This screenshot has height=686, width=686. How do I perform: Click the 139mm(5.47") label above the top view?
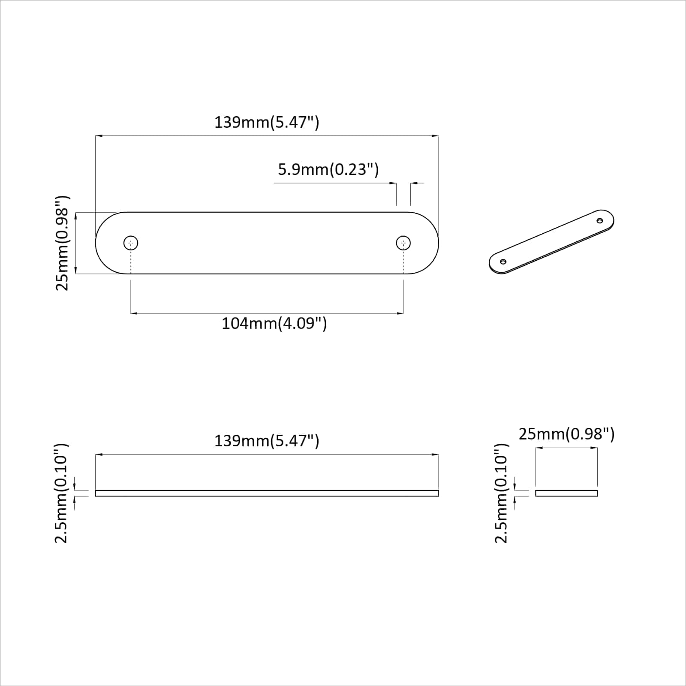[267, 123]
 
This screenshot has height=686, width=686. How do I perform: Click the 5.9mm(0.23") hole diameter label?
[328, 170]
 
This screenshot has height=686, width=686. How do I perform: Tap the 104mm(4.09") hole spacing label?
[274, 323]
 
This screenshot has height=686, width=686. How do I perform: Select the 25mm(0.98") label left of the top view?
[63, 243]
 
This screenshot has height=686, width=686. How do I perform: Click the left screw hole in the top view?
[131, 243]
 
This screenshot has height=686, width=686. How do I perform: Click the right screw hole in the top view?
[403, 243]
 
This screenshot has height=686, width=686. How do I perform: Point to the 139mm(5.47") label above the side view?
[267, 441]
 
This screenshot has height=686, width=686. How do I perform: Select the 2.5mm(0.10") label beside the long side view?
[62, 493]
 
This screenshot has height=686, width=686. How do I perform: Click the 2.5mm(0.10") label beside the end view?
[502, 493]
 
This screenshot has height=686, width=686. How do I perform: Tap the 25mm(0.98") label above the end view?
[566, 434]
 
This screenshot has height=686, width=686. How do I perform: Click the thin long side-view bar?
[267, 493]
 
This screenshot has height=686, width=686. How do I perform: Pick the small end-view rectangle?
[566, 493]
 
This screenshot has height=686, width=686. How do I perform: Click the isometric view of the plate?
[552, 242]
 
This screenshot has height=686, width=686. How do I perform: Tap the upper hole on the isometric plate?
[600, 221]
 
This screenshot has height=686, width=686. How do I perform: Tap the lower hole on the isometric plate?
[503, 262]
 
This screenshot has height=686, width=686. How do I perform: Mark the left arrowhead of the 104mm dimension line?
[133, 313]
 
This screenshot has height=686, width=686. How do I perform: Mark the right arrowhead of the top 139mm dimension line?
[436, 136]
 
